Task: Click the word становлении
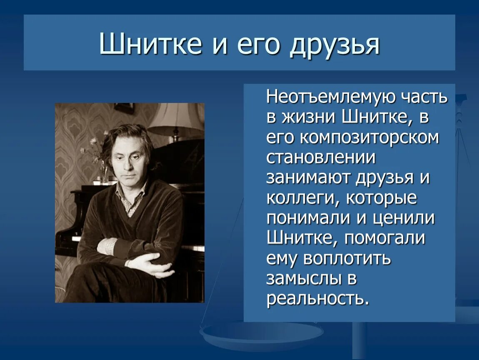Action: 321,158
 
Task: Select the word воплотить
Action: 347,258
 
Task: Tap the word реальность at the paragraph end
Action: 317,299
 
